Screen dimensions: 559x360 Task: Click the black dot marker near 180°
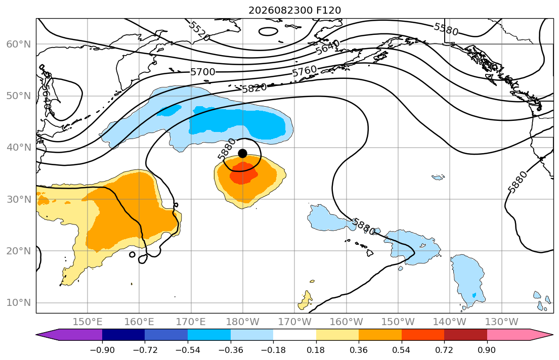242,153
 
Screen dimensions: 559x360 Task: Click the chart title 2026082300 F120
294,10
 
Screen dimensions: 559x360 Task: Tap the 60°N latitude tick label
19,44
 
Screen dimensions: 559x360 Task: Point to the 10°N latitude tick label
19,303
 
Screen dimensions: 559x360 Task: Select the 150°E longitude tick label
88,322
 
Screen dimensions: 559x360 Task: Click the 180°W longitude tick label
243,322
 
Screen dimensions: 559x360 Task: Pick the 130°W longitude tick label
502,322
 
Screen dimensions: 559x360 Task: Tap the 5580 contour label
446,29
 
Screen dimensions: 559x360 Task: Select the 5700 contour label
203,72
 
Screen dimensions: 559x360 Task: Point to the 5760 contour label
305,71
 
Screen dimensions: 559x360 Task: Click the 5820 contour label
254,87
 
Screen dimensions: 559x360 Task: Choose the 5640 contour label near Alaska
327,47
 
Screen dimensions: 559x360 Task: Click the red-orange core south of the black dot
243,173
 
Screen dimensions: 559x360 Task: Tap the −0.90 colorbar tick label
102,350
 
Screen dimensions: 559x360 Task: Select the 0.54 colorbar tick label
402,350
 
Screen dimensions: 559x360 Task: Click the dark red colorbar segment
465,334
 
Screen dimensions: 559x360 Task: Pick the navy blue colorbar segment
123,334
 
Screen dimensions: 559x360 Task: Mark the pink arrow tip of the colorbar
552,334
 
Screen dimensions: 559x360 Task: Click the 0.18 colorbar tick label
316,350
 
